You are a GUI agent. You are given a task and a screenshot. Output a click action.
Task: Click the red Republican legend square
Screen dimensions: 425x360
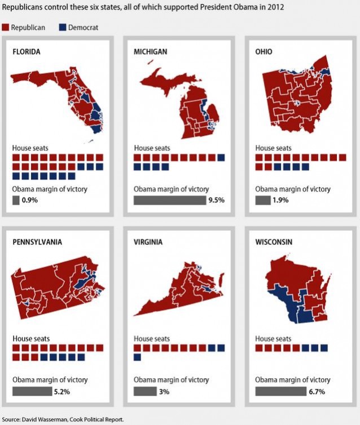6,27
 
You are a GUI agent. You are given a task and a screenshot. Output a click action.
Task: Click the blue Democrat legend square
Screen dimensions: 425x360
63,27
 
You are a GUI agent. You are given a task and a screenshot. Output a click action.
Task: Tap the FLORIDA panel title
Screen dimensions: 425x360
27,52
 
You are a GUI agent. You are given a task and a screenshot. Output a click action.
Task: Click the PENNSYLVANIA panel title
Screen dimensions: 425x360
37,242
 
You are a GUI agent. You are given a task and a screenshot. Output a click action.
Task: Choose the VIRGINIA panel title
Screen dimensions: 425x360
148,242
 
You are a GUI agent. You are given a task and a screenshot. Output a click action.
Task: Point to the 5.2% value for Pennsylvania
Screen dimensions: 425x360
62,391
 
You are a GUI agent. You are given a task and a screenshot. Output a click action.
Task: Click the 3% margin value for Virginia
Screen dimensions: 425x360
163,391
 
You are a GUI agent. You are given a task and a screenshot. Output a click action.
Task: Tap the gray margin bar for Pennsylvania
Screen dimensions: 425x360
32,391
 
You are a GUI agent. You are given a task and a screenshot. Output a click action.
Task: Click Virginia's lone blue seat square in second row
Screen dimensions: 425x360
138,357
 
